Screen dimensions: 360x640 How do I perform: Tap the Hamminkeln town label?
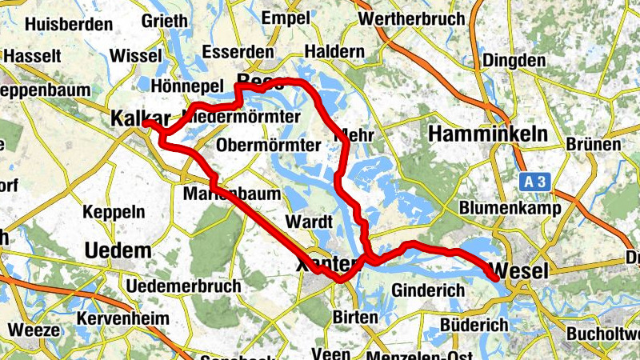click(x=488, y=134)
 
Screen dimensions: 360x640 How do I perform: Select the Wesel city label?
click(x=522, y=270)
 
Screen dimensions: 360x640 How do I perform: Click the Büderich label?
click(x=474, y=325)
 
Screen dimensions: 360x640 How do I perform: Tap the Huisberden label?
click(x=61, y=24)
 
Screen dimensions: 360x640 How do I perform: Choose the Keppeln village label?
click(x=114, y=212)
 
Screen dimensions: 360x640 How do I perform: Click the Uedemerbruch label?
click(x=184, y=286)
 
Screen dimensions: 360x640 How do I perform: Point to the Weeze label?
click(x=34, y=330)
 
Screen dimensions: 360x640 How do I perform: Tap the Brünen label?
click(x=593, y=145)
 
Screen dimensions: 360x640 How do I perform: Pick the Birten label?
click(x=355, y=318)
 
